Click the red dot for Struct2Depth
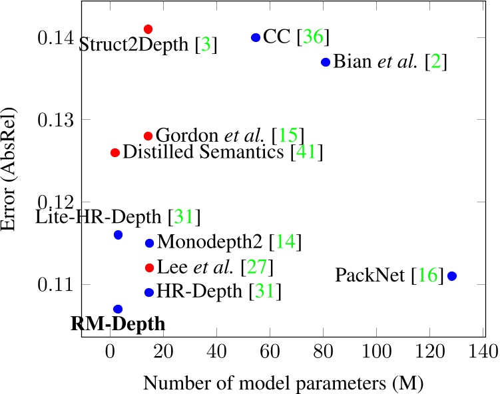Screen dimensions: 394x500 coord(148,29)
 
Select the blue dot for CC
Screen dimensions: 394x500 coord(256,37)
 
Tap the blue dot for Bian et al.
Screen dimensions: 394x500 coord(326,62)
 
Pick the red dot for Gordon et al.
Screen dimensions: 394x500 coord(148,136)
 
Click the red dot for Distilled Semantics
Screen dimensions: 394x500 coord(115,152)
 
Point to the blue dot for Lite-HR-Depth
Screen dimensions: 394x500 coord(118,235)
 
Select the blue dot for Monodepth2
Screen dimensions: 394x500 coord(149,243)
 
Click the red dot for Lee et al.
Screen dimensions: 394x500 coord(149,268)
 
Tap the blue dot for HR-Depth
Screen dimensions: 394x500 coord(149,292)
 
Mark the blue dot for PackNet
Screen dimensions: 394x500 coord(452,276)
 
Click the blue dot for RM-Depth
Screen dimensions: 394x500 coord(118,309)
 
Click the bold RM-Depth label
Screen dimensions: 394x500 coord(118,325)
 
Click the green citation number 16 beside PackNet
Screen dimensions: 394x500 coord(427,276)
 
